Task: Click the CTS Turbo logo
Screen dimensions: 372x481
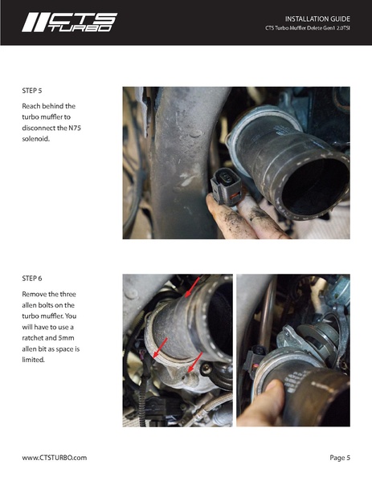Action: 69,22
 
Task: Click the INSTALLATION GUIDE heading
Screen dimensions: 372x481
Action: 317,19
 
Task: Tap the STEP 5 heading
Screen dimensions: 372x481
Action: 32,91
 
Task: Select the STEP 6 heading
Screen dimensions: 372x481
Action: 32,279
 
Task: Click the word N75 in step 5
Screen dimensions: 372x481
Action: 75,128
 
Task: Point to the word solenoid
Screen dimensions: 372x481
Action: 35,139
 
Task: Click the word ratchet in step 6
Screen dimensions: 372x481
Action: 32,338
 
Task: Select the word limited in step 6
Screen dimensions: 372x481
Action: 33,360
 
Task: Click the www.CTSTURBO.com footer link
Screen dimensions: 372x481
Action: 55,458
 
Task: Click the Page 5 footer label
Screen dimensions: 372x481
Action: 340,458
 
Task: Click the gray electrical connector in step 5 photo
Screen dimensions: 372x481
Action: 226,186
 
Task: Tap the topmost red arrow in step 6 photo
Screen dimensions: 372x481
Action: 193,287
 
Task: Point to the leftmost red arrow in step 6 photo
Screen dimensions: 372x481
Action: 160,348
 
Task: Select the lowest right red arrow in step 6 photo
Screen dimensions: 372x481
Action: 195,362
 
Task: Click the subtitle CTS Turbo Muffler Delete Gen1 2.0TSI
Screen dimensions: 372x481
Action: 308,28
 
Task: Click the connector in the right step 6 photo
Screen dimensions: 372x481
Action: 254,361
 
